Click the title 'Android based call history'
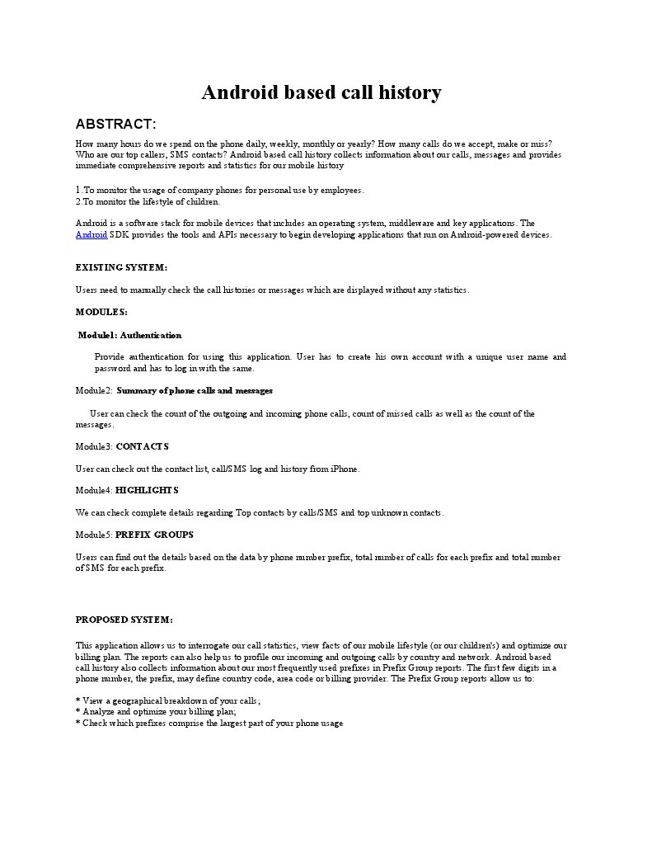pyautogui.click(x=321, y=92)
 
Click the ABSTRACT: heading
pyautogui.click(x=115, y=124)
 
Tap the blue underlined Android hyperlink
pyautogui.click(x=91, y=234)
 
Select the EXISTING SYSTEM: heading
pyautogui.click(x=121, y=267)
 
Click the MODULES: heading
pyautogui.click(x=101, y=312)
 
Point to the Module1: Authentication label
pyautogui.click(x=129, y=335)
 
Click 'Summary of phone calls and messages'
pyautogui.click(x=195, y=390)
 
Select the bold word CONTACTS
pyautogui.click(x=142, y=446)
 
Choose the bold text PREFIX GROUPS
pyautogui.click(x=154, y=535)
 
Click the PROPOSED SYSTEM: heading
pyautogui.click(x=124, y=620)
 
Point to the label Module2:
pyautogui.click(x=93, y=390)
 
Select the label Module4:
pyautogui.click(x=93, y=490)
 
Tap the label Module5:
pyautogui.click(x=93, y=535)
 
